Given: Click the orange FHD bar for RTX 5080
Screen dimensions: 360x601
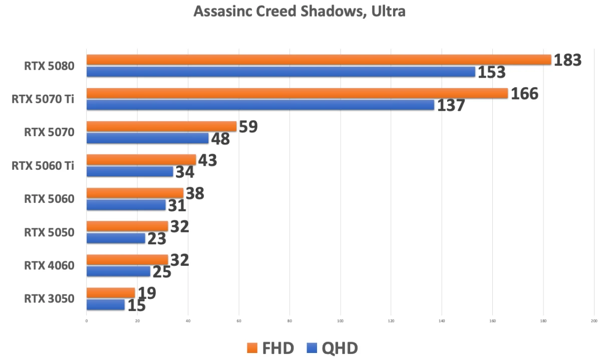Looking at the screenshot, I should pos(319,60).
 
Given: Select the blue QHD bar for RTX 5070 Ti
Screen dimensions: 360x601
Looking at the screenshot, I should pos(260,105).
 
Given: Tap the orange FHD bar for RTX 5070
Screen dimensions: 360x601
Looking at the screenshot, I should pos(161,127).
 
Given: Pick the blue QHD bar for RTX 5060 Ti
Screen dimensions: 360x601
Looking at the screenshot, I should pos(130,172).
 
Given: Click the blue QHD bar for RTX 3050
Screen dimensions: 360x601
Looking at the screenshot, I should pos(105,305).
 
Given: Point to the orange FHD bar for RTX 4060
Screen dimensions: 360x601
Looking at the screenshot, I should pos(127,260).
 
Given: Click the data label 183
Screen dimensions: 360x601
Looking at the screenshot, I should pos(567,60).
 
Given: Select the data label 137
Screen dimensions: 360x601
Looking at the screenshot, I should pos(451,106).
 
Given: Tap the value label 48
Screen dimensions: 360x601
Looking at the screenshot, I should pos(220,139).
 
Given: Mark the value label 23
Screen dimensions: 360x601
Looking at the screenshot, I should pos(157,238).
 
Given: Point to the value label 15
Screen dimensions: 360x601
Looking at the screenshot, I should pos(136,305).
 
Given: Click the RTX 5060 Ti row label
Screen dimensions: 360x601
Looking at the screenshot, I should pos(43,166).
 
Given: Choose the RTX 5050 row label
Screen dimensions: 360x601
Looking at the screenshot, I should pos(49,232).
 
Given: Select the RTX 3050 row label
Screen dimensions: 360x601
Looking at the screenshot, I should pos(49,299).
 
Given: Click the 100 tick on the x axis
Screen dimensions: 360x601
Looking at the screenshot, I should pos(341,320).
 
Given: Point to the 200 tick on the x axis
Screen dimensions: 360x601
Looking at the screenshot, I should pos(594,320).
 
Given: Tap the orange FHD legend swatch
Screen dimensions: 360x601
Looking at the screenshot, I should pos(251,348).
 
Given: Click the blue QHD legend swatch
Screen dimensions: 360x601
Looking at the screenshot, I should pos(312,348).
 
